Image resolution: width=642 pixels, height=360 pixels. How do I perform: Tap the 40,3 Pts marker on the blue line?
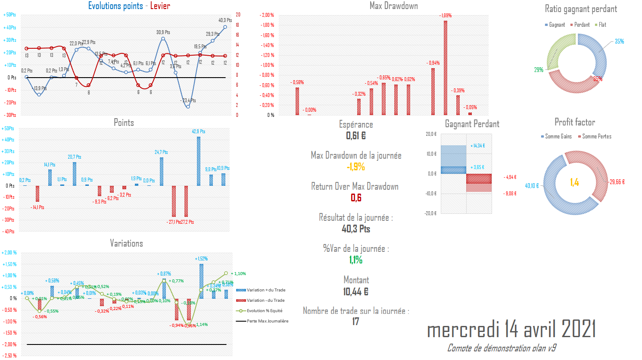tap(225, 27)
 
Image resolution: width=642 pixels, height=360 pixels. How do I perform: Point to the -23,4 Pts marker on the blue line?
tap(188, 106)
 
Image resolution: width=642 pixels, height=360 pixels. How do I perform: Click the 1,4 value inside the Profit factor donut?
tap(574, 182)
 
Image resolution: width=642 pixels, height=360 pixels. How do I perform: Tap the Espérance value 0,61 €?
tap(356, 136)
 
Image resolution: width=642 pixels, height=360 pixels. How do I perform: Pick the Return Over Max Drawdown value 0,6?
tap(356, 198)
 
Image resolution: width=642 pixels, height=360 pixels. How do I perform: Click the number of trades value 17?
tap(355, 322)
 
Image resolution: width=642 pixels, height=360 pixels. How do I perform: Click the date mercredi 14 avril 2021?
tap(511, 330)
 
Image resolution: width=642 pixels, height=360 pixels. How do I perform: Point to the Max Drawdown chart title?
tap(393, 6)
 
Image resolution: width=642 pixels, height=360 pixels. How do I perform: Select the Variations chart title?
tap(126, 244)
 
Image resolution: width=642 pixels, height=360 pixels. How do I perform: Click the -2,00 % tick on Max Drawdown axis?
tap(267, 15)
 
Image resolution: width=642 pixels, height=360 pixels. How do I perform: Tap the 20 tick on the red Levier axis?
tap(238, 15)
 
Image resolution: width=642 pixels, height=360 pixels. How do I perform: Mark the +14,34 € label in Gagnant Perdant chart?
tap(477, 146)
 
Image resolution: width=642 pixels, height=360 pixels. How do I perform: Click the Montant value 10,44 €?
tap(356, 292)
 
